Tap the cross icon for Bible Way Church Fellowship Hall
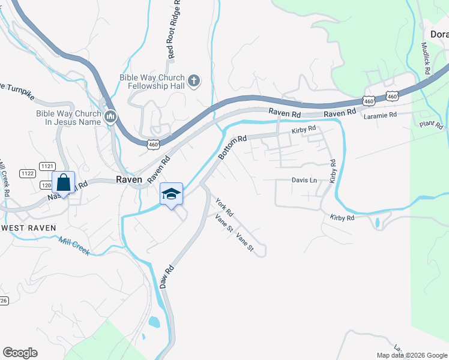(194, 80)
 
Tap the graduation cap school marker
(171, 194)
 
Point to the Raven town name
(128, 179)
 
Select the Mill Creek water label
(74, 247)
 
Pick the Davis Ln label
(304, 180)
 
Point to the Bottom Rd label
(232, 147)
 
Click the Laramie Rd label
(380, 115)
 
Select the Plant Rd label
(431, 125)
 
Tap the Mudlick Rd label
(426, 58)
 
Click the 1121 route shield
(47, 165)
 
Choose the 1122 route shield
(27, 173)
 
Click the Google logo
(20, 353)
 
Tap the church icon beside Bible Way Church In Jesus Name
(110, 116)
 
